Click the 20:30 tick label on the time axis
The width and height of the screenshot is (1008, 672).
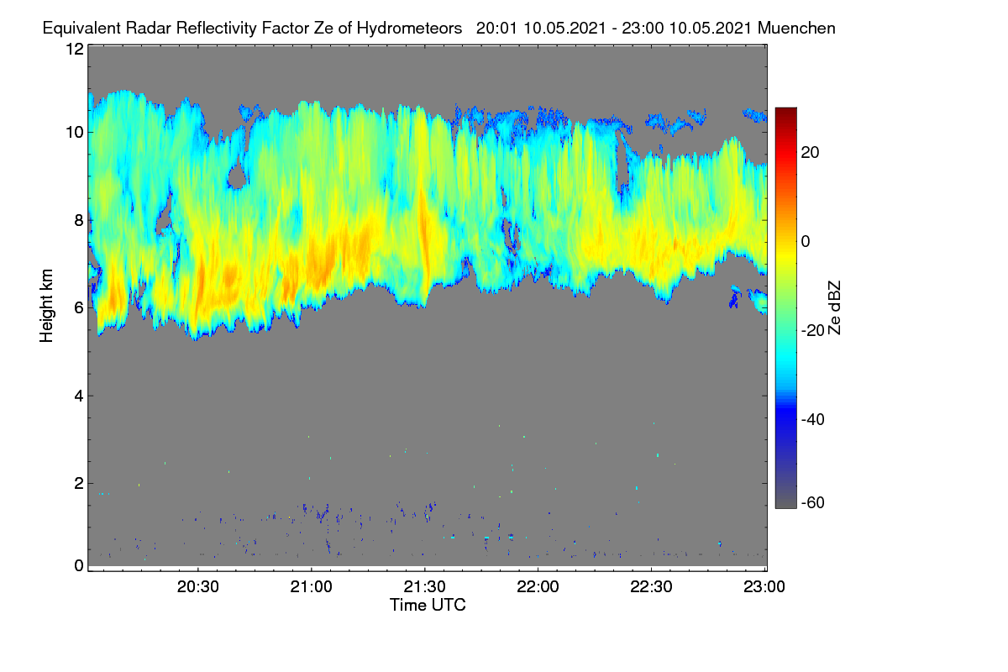[197, 587]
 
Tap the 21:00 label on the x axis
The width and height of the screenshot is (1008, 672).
[311, 587]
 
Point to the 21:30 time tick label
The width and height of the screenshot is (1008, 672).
[424, 587]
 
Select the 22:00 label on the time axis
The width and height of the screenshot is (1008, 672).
[538, 587]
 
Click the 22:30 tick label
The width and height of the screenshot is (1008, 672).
[651, 587]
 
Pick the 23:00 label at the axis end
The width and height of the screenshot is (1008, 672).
[764, 587]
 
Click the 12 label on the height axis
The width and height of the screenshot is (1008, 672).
[75, 49]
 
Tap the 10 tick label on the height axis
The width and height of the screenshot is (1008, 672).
[75, 133]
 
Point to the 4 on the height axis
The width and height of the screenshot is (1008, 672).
[80, 396]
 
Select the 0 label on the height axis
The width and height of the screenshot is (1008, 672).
[80, 566]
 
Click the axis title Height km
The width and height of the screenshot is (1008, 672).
[46, 306]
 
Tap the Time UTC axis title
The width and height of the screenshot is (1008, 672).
[428, 605]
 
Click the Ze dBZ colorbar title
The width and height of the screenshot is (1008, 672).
[834, 308]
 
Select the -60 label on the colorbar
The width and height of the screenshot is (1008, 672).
[813, 503]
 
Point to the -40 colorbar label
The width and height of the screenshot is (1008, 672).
[813, 420]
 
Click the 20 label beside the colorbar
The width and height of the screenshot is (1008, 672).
[810, 153]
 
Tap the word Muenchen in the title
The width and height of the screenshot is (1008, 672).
[796, 28]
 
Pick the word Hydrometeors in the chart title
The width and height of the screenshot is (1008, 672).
[409, 29]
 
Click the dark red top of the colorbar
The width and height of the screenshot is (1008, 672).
[785, 111]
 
